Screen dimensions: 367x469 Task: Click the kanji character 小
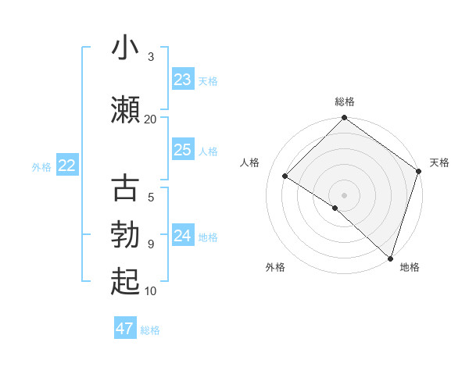pos(125,48)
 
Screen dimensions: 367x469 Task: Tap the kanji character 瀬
pos(125,110)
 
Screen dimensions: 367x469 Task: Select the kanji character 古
pos(125,190)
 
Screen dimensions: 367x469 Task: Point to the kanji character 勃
pos(125,236)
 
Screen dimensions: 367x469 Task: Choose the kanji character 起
pos(125,282)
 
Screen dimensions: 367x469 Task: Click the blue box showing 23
pos(183,80)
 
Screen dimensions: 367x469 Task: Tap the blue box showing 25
pos(183,150)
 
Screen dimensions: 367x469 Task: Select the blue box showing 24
pos(183,236)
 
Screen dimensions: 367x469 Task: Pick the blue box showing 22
pos(67,166)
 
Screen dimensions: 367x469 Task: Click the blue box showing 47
pos(125,329)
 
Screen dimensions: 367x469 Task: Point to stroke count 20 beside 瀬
pos(151,119)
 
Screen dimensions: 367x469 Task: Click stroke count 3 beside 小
pos(151,56)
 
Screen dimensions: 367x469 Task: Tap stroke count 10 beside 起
pos(151,291)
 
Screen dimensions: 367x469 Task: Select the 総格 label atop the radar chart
pos(345,102)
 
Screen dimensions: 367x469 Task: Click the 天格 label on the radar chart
pos(439,162)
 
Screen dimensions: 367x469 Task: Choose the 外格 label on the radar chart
pos(275,267)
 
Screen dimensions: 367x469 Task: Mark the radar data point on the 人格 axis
pos(285,176)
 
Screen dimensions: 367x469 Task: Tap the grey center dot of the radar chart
pos(345,194)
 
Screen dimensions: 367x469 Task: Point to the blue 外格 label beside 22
pos(41,166)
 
